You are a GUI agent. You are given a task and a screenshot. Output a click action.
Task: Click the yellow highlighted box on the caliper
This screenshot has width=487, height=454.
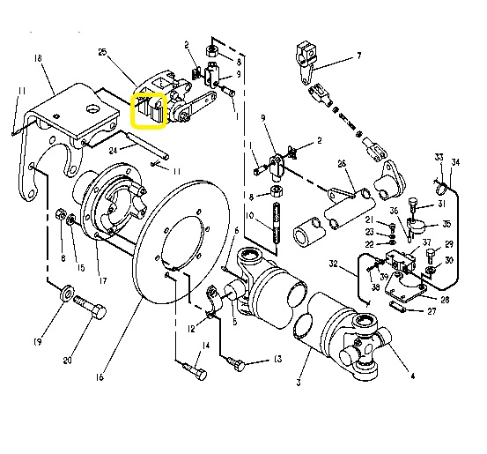point(149,110)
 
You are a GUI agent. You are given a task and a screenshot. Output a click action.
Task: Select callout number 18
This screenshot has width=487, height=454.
point(38,58)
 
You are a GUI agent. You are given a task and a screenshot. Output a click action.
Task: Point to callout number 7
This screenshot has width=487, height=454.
point(358,56)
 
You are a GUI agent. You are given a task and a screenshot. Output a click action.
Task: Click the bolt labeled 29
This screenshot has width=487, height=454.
point(431,256)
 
